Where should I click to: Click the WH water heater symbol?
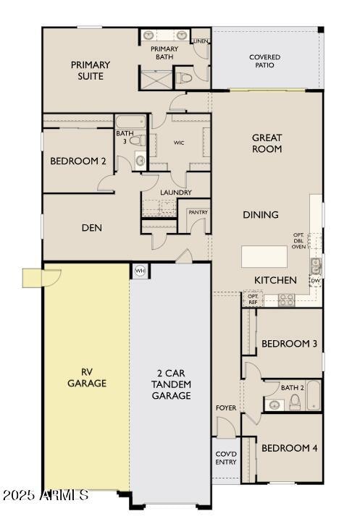[140, 271]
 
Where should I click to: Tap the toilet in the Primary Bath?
[185, 78]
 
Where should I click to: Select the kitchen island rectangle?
[264, 256]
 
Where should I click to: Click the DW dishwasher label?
[316, 281]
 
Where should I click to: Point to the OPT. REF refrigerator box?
[253, 299]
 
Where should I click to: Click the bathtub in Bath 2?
[313, 395]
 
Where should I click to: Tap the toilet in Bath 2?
[295, 402]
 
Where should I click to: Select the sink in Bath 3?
[141, 161]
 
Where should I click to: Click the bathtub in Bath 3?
[130, 122]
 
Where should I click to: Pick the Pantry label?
[198, 212]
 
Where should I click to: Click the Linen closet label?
[201, 41]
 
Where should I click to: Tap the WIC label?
[179, 143]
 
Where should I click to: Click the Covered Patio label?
[264, 61]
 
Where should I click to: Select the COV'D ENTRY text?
[226, 457]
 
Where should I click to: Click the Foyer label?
[226, 408]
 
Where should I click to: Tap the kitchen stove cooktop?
[286, 300]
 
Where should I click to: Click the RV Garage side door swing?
[51, 278]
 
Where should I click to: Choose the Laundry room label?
[176, 193]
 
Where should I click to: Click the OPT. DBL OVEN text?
[298, 240]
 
